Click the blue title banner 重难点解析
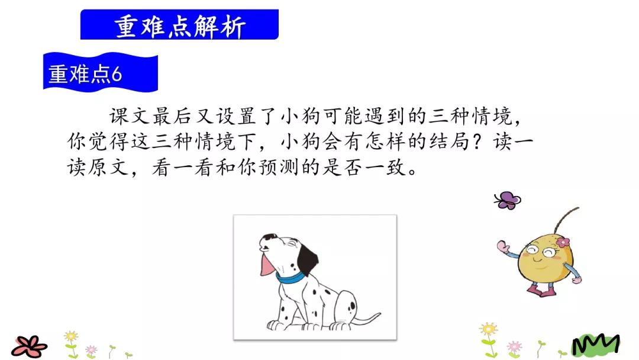coord(179,25)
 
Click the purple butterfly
coord(507,200)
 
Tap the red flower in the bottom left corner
coord(28,345)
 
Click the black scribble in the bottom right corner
coord(595,343)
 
